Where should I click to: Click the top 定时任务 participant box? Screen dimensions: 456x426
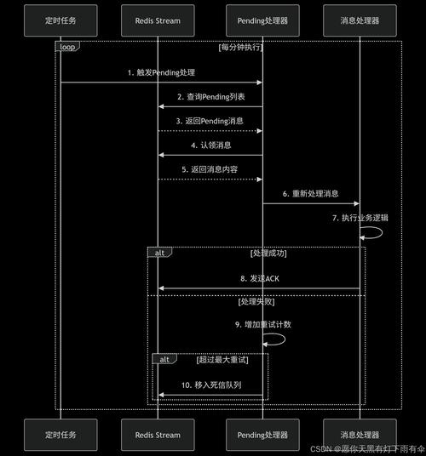click(x=60, y=20)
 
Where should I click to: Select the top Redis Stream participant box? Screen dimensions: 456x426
click(x=158, y=20)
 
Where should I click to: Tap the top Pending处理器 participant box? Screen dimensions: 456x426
click(x=262, y=20)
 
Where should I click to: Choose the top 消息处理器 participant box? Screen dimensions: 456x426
click(x=359, y=20)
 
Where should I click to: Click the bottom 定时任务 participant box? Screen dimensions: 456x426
click(x=60, y=434)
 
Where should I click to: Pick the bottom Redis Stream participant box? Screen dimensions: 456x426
click(x=158, y=434)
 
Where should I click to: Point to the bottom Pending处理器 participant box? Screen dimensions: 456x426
click(x=262, y=434)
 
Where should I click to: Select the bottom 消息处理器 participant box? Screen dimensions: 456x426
click(x=359, y=434)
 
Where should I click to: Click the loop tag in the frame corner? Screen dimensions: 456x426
click(x=67, y=47)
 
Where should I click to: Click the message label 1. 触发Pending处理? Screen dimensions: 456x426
click(x=161, y=72)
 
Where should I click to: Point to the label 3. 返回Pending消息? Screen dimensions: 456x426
click(x=210, y=121)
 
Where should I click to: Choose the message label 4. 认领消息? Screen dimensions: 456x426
click(x=210, y=145)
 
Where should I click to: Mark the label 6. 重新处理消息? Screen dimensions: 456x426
click(x=310, y=193)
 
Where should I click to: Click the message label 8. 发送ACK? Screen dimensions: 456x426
click(x=259, y=278)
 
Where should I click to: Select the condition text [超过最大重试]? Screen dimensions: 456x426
click(x=222, y=360)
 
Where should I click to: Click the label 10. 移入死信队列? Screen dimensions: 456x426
click(x=210, y=385)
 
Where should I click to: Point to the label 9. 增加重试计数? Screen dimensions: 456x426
click(x=262, y=325)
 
